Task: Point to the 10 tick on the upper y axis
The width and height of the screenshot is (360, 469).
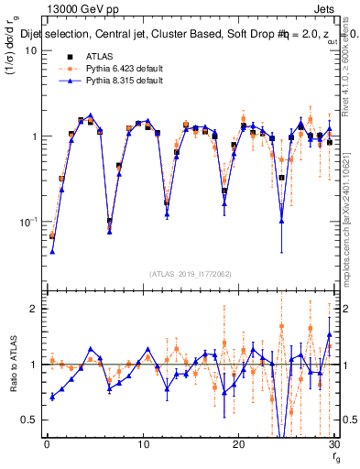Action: tap(31, 50)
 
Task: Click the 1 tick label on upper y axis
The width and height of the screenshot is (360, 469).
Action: tap(34, 136)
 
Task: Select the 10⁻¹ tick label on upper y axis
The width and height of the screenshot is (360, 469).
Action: tap(29, 222)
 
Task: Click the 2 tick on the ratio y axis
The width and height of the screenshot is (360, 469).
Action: tap(34, 309)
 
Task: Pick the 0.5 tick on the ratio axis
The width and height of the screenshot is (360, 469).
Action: tap(30, 420)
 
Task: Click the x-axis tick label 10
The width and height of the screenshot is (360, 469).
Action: tap(142, 444)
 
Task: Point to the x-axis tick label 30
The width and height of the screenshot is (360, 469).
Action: tap(334, 444)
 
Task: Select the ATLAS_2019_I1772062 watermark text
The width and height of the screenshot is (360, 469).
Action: tap(190, 273)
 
